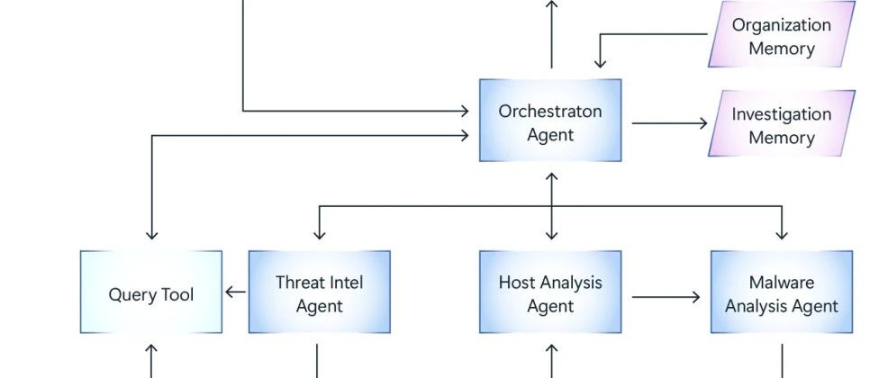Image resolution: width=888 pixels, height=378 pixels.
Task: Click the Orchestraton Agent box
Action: click(x=550, y=121)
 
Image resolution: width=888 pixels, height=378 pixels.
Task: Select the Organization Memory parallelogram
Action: click(x=782, y=34)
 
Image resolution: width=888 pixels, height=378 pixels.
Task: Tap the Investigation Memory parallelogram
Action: click(x=782, y=123)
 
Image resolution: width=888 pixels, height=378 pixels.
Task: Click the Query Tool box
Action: click(x=151, y=292)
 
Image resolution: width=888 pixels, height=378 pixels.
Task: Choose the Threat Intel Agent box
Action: click(x=320, y=292)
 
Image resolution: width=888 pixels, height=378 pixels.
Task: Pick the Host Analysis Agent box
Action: click(x=550, y=292)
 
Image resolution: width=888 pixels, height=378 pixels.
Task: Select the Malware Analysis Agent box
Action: click(x=782, y=292)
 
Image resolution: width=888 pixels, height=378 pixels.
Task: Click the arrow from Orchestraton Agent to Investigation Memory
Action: click(x=670, y=122)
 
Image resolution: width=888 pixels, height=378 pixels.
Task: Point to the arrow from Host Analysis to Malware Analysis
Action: click(x=666, y=296)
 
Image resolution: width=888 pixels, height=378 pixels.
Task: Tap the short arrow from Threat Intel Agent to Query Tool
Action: click(x=236, y=292)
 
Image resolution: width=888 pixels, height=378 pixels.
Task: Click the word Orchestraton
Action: click(x=550, y=111)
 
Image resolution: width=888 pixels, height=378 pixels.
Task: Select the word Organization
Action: click(x=782, y=25)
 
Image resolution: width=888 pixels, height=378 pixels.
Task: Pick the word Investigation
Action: click(x=782, y=114)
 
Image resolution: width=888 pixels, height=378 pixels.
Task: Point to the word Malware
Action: click(x=782, y=282)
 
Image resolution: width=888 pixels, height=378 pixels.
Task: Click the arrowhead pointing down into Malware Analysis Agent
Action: click(x=782, y=234)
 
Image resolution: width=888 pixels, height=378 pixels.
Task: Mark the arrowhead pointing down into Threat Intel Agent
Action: click(x=320, y=234)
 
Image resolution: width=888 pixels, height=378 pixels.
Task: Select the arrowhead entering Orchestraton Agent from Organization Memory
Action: click(x=600, y=62)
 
